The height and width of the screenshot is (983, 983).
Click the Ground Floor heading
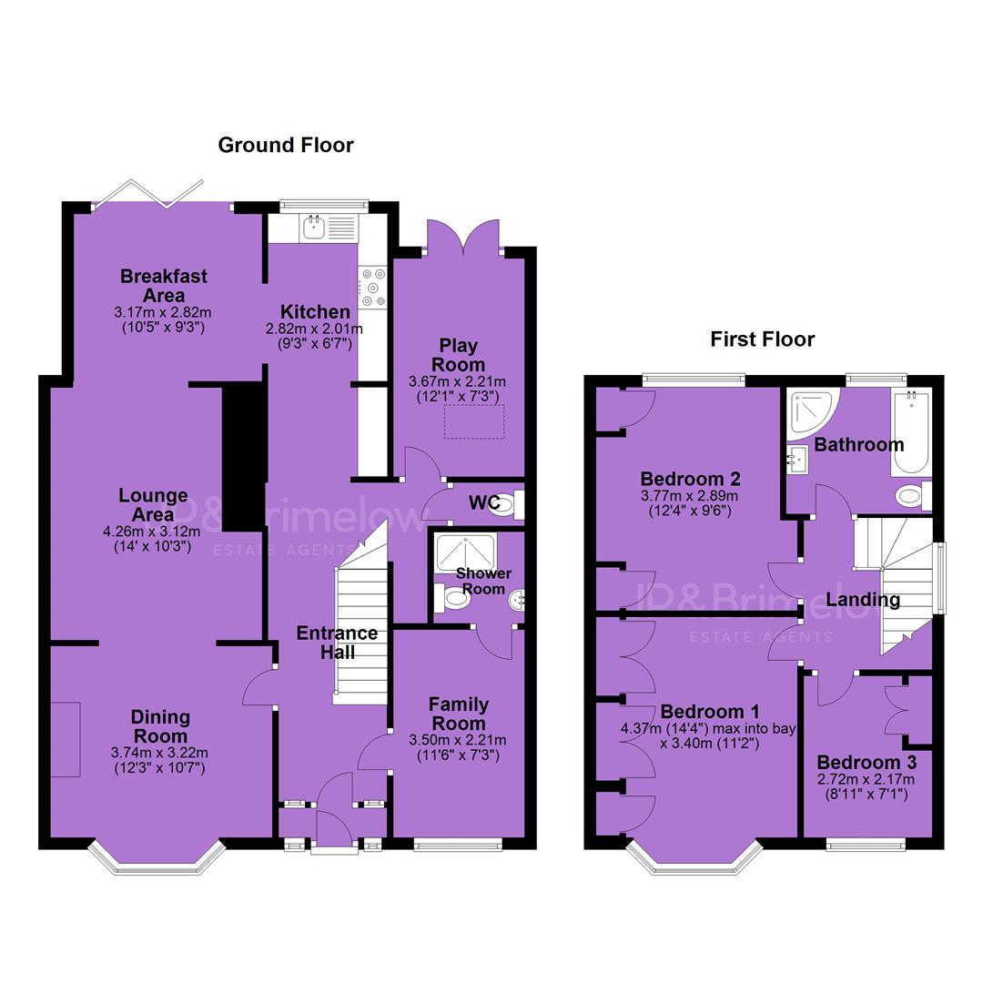[x=285, y=146]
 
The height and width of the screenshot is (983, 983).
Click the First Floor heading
[x=763, y=339]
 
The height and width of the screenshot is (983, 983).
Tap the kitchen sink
[x=313, y=228]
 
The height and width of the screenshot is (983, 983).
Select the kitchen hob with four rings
[x=373, y=289]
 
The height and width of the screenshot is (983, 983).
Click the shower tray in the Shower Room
[x=465, y=553]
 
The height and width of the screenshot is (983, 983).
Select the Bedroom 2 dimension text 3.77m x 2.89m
[x=690, y=496]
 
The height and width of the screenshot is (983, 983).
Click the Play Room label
[x=458, y=355]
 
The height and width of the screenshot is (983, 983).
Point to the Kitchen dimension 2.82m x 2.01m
[x=314, y=329]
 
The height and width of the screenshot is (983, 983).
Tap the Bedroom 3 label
[x=866, y=763]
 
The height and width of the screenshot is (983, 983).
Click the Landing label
[x=863, y=600]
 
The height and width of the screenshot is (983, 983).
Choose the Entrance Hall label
[x=338, y=643]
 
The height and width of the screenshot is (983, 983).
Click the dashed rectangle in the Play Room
[x=474, y=422]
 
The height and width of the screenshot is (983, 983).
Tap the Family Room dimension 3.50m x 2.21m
[x=458, y=740]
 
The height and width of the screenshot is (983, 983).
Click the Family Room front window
[x=458, y=846]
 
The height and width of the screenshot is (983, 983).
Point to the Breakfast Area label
[x=164, y=285]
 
